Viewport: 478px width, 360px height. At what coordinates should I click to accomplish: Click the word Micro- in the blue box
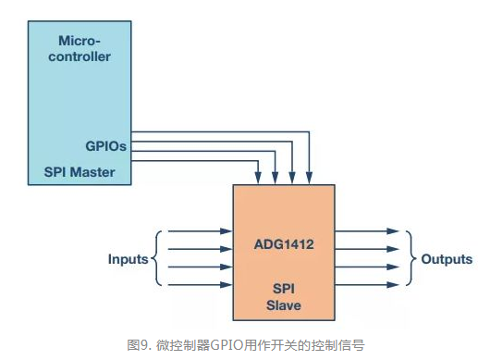click(84, 41)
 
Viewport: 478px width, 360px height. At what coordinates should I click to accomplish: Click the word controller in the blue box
click(84, 56)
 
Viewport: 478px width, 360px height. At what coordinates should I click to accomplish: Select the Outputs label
click(447, 259)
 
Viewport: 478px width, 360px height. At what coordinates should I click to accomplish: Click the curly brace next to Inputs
click(157, 259)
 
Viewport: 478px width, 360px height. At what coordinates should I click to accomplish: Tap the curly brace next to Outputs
click(411, 259)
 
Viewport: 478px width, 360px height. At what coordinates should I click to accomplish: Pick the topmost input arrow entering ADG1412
click(198, 231)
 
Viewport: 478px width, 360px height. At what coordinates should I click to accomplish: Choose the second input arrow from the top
click(198, 250)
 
